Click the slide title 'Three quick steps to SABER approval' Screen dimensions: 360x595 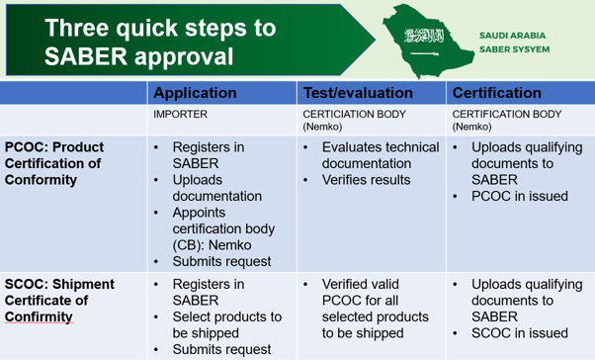pos(160,43)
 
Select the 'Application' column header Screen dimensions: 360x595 pos(196,93)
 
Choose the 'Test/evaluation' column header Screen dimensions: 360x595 pos(358,93)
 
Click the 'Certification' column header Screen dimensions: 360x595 pos(496,93)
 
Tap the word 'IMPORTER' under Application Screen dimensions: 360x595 pos(180,115)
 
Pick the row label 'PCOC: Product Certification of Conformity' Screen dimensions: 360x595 pos(54,163)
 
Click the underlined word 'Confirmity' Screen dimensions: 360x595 pos(40,316)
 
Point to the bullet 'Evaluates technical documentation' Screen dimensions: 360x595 pos(381,155)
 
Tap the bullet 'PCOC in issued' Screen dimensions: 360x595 pos(519,196)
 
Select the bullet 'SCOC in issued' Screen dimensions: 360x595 pos(519,333)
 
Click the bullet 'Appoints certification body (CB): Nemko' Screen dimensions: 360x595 pos(221,228)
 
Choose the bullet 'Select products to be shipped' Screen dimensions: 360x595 pos(226,324)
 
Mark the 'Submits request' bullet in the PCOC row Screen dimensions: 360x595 pos(221,261)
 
